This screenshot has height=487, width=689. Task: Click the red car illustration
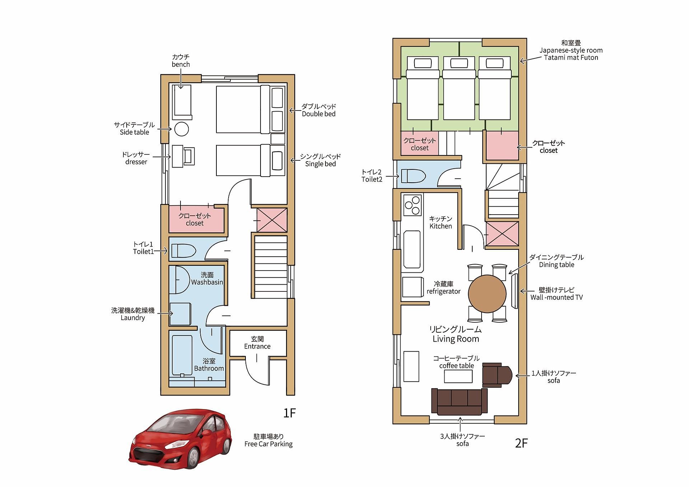(181, 438)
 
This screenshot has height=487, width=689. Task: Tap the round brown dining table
(487, 294)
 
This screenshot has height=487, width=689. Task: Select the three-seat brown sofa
(459, 402)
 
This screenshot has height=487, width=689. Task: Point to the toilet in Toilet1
(183, 251)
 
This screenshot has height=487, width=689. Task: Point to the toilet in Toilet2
(413, 176)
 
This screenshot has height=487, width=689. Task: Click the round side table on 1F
(182, 129)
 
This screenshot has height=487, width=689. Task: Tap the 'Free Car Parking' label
(268, 444)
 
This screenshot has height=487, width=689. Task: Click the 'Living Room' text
(456, 339)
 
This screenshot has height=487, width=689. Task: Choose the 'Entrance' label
(257, 346)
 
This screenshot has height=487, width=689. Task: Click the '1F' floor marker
(289, 413)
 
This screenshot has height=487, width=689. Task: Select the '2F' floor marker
(521, 443)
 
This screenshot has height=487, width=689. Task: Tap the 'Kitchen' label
(441, 226)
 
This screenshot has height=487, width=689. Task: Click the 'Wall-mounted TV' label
(557, 297)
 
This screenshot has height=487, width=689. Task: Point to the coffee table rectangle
(458, 376)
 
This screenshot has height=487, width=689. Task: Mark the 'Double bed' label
(319, 114)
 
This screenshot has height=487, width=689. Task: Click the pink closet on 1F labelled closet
(196, 219)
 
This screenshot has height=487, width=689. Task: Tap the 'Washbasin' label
(207, 282)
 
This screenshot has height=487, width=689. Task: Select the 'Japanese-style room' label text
(571, 50)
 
